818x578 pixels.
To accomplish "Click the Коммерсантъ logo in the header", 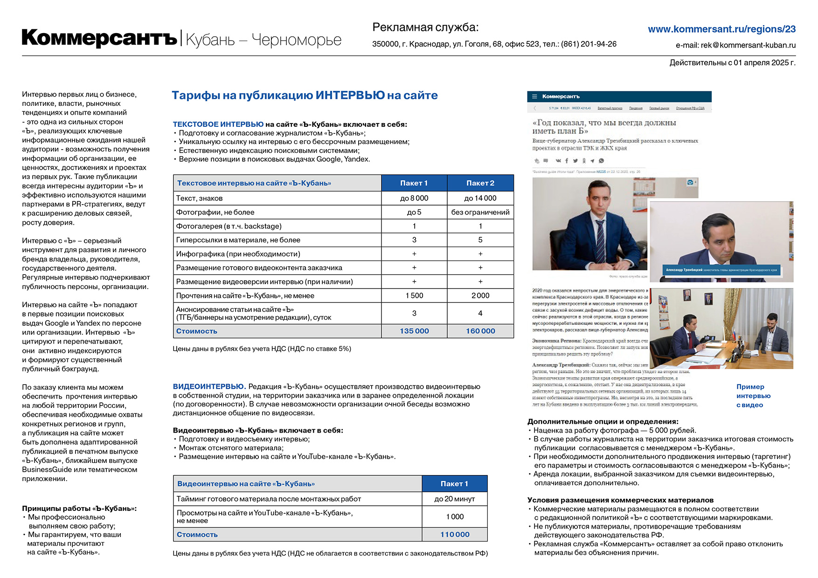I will click(x=99, y=38).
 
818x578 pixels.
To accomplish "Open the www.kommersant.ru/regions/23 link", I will click(x=721, y=29).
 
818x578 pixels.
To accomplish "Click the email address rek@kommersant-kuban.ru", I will click(x=735, y=45).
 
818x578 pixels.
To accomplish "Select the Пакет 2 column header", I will click(x=480, y=183).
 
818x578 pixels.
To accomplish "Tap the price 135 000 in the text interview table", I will click(x=414, y=331).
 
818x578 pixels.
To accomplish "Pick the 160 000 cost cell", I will click(x=480, y=331).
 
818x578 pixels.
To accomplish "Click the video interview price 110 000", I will click(x=455, y=535).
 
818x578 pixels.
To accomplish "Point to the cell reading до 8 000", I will click(x=414, y=198).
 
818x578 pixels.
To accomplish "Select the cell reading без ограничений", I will click(x=480, y=212).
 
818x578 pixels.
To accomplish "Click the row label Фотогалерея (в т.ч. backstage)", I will click(x=229, y=226).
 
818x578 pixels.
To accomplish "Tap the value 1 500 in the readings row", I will click(x=414, y=296).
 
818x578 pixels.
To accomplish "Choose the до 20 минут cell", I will click(x=455, y=499).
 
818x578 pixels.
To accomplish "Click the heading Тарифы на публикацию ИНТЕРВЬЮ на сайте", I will click(x=305, y=95).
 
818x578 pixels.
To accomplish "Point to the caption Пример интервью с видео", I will click(x=753, y=396).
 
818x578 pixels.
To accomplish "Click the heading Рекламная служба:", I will click(x=425, y=28).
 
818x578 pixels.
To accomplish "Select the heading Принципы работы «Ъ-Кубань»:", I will click(x=79, y=508).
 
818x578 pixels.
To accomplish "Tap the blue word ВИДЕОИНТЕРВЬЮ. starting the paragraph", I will click(x=209, y=386).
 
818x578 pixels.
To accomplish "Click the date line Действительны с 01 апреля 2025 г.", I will click(x=732, y=62).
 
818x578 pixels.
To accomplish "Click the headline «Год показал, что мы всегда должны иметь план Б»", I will click(x=604, y=127).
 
